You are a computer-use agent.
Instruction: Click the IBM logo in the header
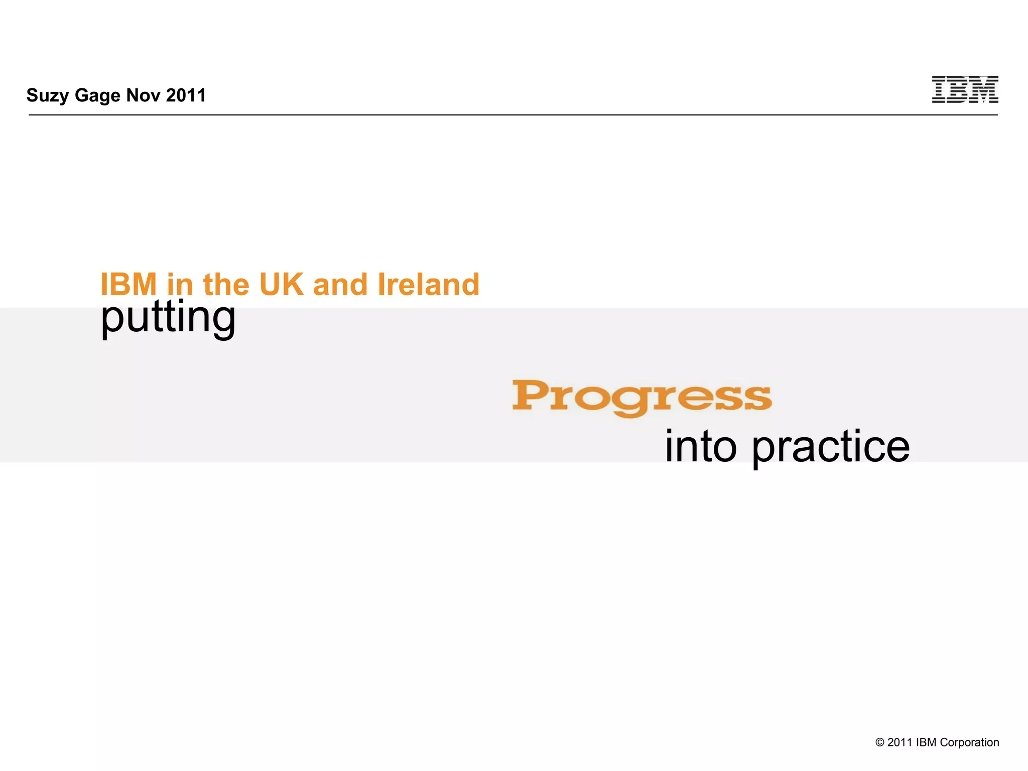965,90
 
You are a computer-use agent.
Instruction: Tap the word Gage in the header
97,95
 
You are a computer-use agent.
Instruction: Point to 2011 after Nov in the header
186,95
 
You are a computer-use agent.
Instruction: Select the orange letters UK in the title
281,285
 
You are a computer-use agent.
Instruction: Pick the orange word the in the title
226,285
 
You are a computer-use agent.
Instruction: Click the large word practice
830,447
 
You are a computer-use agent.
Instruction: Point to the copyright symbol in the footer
879,742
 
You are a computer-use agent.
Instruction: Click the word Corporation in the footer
969,742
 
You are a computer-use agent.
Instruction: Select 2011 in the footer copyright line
899,742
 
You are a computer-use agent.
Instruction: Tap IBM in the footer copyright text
926,742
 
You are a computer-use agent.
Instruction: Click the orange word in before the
180,285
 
